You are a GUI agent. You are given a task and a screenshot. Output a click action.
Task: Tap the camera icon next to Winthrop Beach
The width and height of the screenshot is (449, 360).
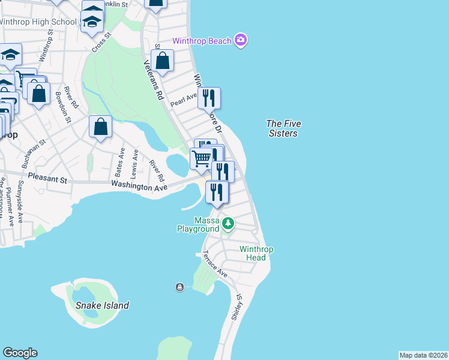tap(241, 40)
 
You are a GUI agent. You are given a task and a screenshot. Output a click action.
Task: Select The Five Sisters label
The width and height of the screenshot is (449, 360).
tap(283, 128)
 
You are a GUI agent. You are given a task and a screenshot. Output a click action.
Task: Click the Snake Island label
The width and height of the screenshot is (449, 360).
tap(102, 305)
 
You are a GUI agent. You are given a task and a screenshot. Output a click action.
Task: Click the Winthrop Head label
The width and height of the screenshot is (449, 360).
tap(256, 253)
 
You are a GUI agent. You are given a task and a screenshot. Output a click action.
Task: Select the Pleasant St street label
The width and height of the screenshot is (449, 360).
tap(44, 179)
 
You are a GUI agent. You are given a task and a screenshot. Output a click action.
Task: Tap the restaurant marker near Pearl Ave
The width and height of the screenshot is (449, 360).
tap(209, 97)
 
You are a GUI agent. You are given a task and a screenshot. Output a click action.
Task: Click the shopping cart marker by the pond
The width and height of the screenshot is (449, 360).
tap(201, 159)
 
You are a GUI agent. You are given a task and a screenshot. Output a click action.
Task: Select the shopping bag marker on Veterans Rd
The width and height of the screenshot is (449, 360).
tap(162, 60)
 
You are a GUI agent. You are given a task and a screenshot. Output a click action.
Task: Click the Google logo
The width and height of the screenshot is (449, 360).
tap(20, 353)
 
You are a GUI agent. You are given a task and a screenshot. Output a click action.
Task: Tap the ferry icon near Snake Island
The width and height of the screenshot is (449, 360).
tap(179, 287)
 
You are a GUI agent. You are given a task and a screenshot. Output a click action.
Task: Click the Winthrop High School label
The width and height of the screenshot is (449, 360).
tap(38, 22)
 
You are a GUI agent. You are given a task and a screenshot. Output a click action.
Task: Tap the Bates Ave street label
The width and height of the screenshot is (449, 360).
tap(119, 163)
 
